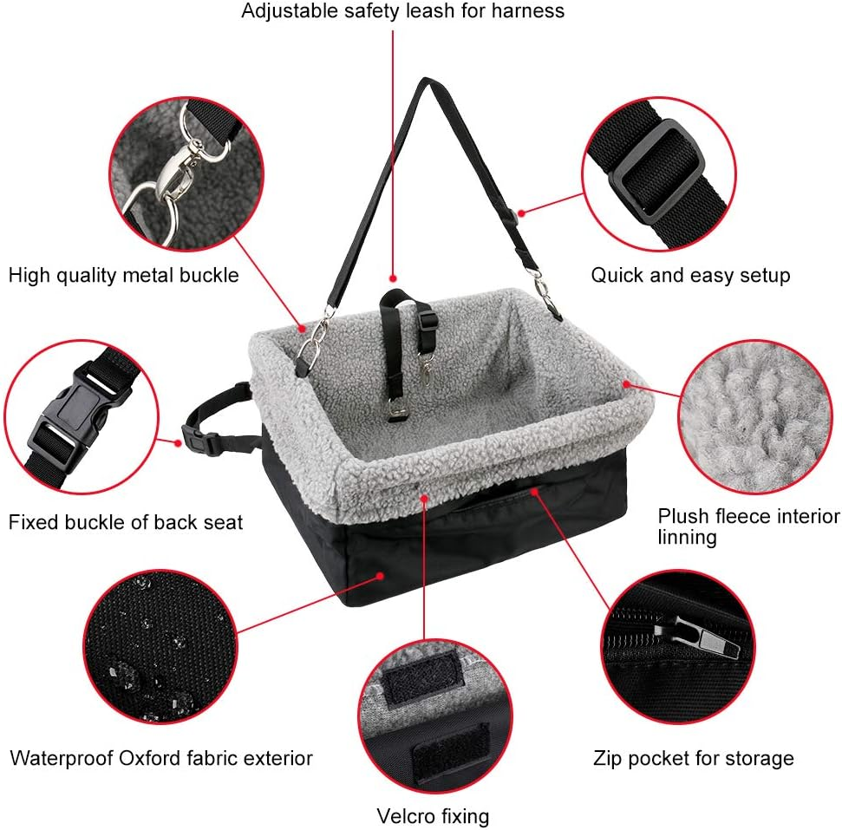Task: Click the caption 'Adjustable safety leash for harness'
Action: (x=403, y=11)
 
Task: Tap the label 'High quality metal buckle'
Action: (x=123, y=276)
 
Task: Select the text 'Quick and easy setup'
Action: (x=690, y=276)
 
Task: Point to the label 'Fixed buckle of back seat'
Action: (x=126, y=522)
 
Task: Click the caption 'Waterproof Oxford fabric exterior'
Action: (x=161, y=758)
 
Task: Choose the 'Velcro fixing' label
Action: (x=433, y=816)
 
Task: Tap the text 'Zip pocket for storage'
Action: (x=694, y=759)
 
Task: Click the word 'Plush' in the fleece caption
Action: (x=682, y=516)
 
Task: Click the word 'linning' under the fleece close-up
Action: (x=687, y=538)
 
